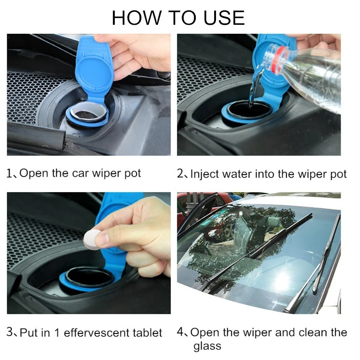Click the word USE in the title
point(224,18)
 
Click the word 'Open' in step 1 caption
point(34,173)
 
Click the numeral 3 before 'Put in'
point(9,332)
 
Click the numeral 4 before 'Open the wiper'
point(180,332)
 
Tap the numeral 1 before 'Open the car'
point(9,173)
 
